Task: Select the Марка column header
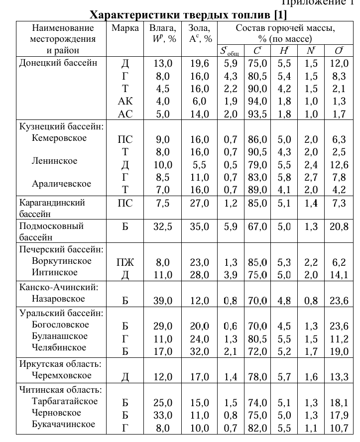point(125,28)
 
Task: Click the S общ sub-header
point(231,51)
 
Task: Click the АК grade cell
point(125,101)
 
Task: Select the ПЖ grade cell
point(125,262)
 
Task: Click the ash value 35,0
point(199,227)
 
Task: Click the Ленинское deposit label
point(54,161)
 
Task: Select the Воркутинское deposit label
point(61,261)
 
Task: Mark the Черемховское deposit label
point(61,375)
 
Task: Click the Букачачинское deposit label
point(63,424)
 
